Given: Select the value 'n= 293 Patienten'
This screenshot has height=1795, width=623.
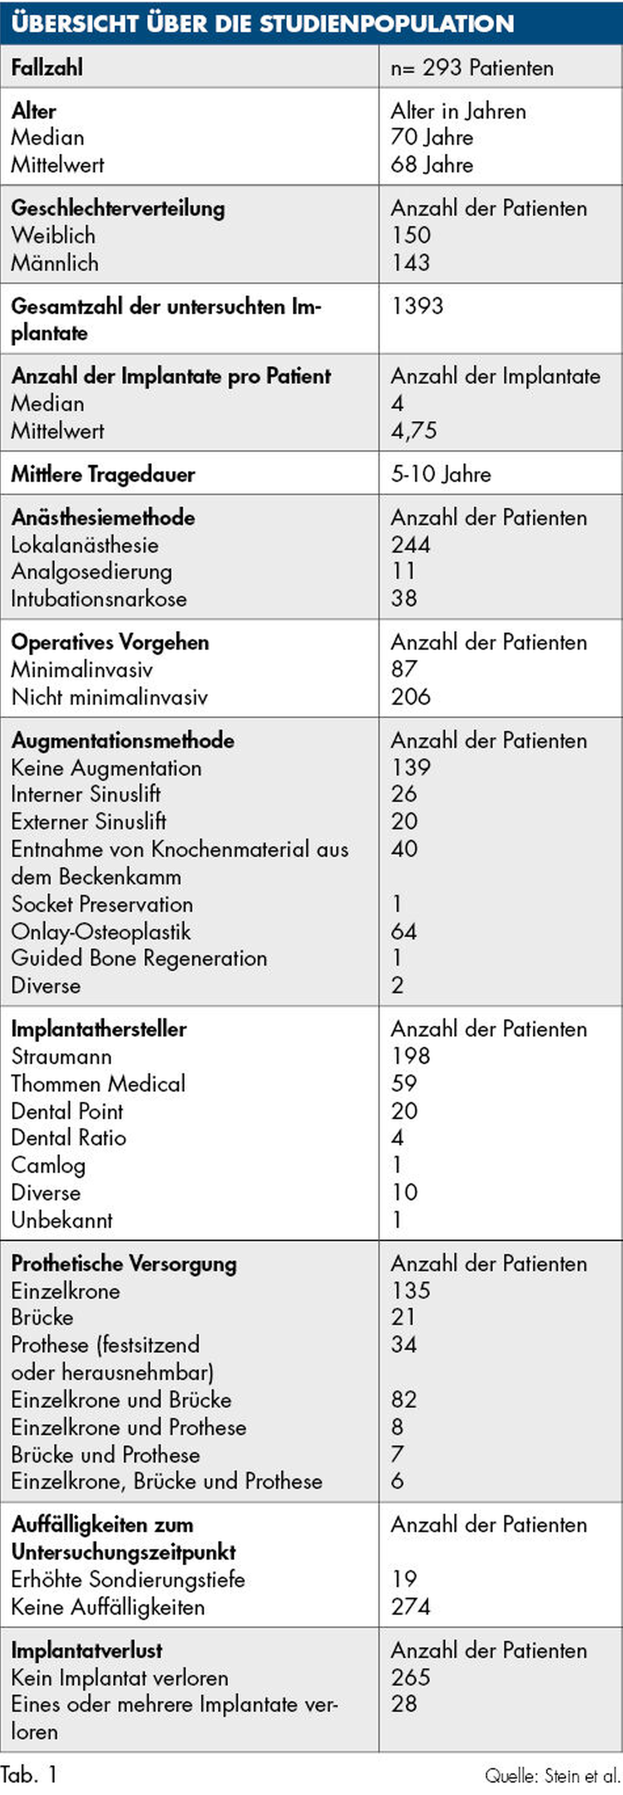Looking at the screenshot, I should [x=472, y=68].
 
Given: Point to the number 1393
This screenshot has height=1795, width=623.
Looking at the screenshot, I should [x=417, y=306].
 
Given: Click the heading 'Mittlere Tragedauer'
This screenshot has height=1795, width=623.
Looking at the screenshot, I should [x=103, y=475].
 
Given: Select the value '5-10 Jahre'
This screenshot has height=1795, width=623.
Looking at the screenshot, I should [x=440, y=475].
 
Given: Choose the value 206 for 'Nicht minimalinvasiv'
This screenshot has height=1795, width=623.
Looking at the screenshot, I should [x=411, y=697].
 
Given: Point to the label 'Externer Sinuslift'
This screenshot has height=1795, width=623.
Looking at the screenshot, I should [x=89, y=821].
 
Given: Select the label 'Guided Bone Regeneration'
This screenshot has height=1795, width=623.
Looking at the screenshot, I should [x=139, y=958].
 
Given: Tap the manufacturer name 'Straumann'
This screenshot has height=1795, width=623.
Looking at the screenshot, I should [x=61, y=1056].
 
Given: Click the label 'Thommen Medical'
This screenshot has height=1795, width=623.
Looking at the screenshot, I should [x=98, y=1084].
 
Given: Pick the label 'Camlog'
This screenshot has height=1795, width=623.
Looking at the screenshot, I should [x=48, y=1165].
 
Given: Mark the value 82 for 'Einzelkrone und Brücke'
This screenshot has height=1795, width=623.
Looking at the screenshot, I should [x=404, y=1399].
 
